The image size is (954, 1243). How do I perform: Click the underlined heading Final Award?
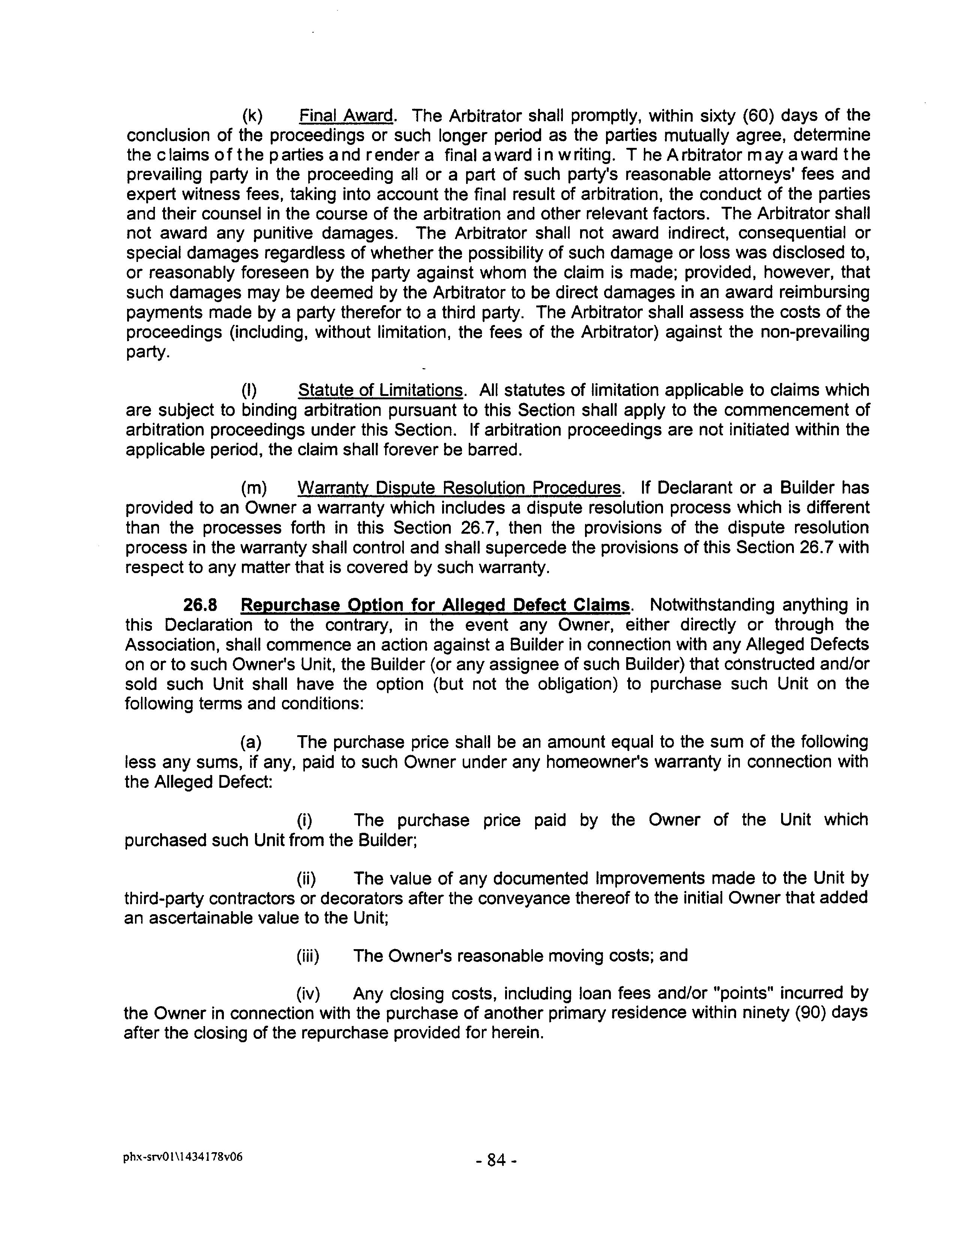point(346,116)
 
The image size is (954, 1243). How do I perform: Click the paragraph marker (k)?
point(252,116)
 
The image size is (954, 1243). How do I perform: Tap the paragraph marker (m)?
point(253,488)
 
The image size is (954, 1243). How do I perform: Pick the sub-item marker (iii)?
point(308,956)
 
